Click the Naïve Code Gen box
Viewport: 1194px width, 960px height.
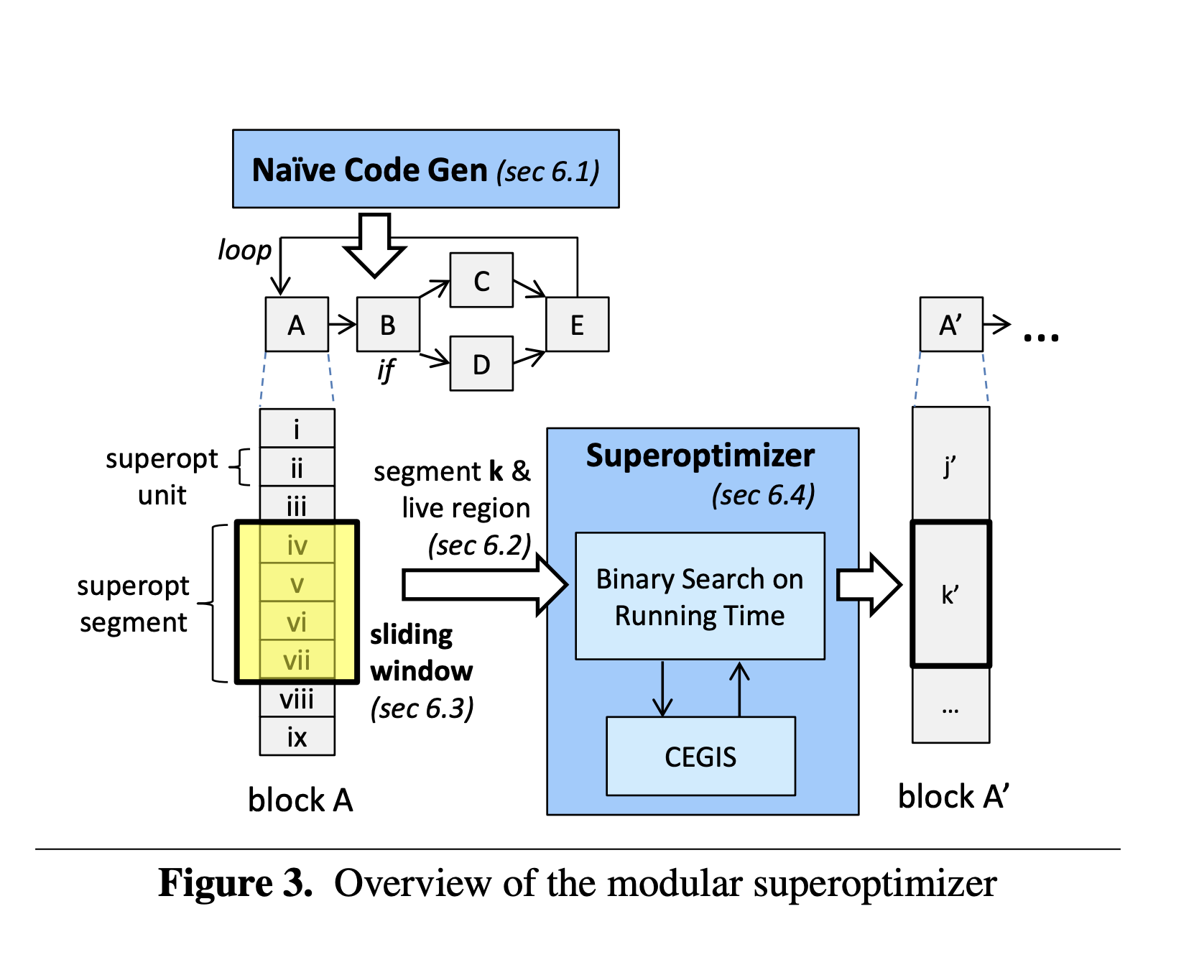tap(425, 170)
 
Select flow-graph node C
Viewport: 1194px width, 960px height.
tap(481, 280)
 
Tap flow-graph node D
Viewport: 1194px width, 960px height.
tap(481, 364)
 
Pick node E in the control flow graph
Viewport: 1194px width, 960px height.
tap(577, 325)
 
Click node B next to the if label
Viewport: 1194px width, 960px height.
tap(388, 325)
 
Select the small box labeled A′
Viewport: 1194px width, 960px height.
tap(951, 325)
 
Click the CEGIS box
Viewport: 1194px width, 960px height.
tap(700, 756)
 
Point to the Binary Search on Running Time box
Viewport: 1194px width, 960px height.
tap(700, 596)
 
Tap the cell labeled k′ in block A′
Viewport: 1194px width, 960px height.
tap(950, 594)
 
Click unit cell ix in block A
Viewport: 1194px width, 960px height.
tap(297, 737)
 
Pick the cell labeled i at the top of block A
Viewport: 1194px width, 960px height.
tap(297, 429)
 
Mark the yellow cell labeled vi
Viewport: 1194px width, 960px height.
tap(297, 622)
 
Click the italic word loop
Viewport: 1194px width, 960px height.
tap(245, 251)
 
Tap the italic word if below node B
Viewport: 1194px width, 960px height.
tap(386, 369)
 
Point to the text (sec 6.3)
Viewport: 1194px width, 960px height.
tap(422, 709)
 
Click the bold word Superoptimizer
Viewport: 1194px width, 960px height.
tap(700, 456)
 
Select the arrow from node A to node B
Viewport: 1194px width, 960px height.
tap(343, 325)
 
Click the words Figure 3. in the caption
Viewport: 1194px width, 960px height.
tap(236, 883)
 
